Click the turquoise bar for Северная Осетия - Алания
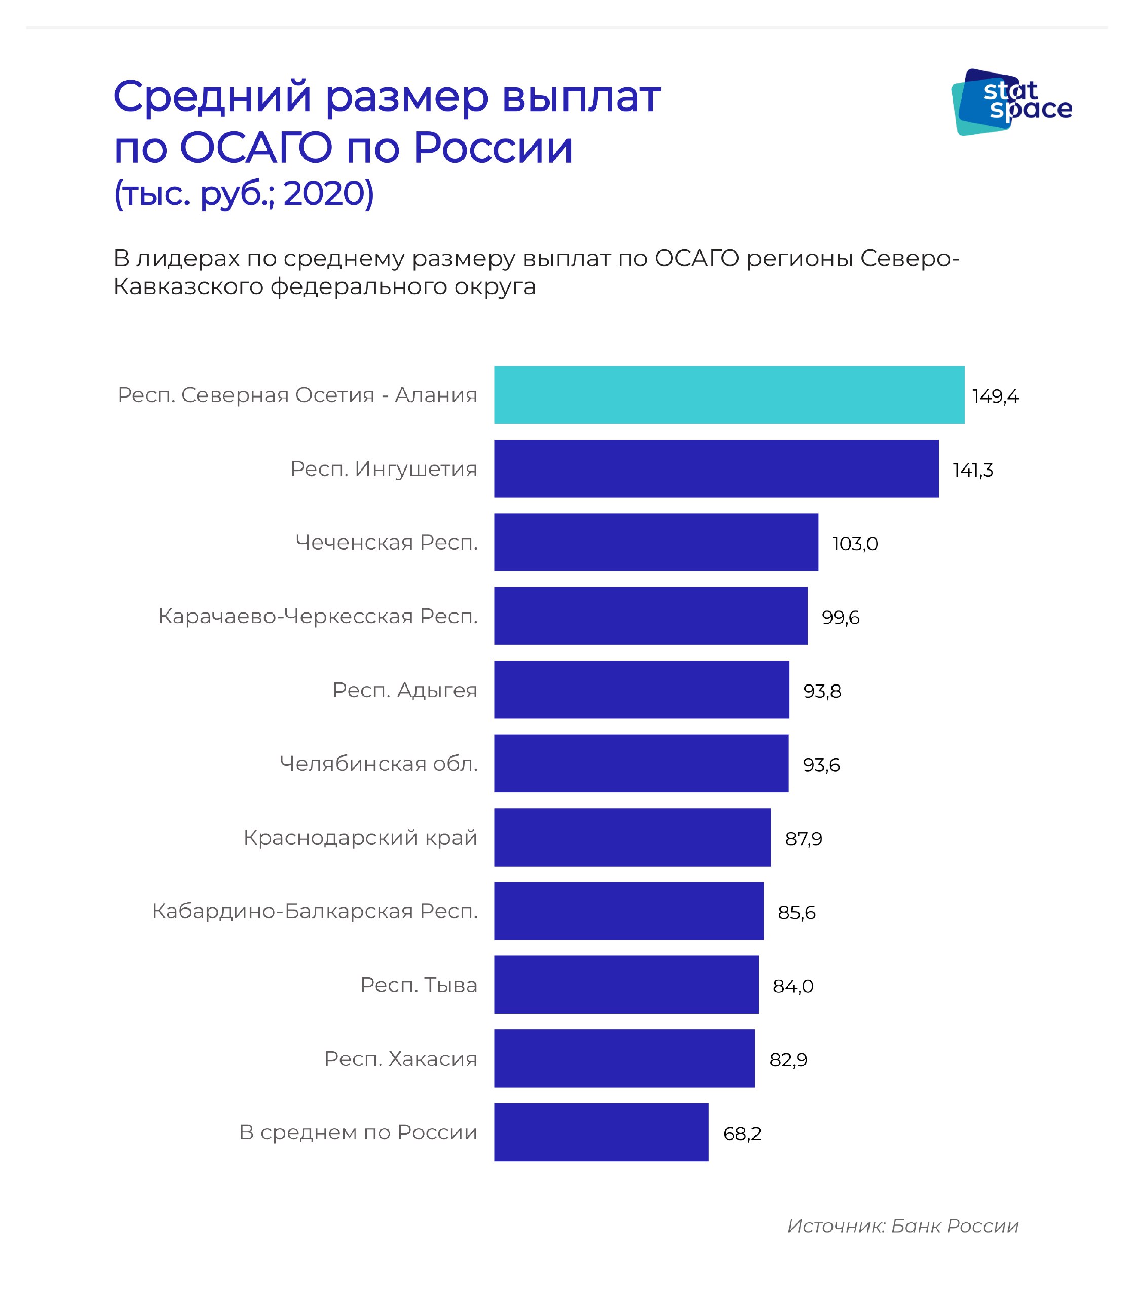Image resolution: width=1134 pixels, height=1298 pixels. (x=729, y=394)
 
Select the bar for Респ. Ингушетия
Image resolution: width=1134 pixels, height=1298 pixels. (x=716, y=468)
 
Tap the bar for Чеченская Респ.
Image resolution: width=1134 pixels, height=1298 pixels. (x=656, y=542)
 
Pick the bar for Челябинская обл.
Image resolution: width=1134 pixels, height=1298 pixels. (x=641, y=763)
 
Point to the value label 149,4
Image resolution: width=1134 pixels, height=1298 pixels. (x=995, y=396)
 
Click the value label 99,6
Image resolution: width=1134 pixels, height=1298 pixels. (x=841, y=618)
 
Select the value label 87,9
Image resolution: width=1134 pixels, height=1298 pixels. (x=804, y=838)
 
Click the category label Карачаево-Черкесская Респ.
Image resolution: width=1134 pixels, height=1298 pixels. (x=318, y=616)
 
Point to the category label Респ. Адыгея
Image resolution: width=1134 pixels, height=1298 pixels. (x=404, y=690)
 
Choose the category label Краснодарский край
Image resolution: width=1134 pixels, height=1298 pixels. (x=360, y=837)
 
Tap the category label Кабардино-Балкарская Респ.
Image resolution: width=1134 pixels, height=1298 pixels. (x=315, y=911)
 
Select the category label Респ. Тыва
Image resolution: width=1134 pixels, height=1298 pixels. (x=419, y=985)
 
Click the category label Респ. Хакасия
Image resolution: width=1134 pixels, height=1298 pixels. (x=401, y=1058)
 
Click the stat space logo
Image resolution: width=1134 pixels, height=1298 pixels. (x=1011, y=101)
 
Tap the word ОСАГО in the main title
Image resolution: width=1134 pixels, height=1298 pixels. (x=256, y=148)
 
